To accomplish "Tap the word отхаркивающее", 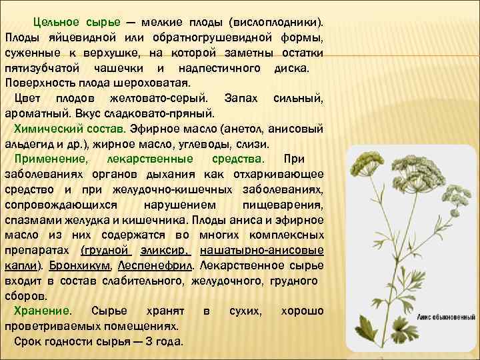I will (x=282, y=175).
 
